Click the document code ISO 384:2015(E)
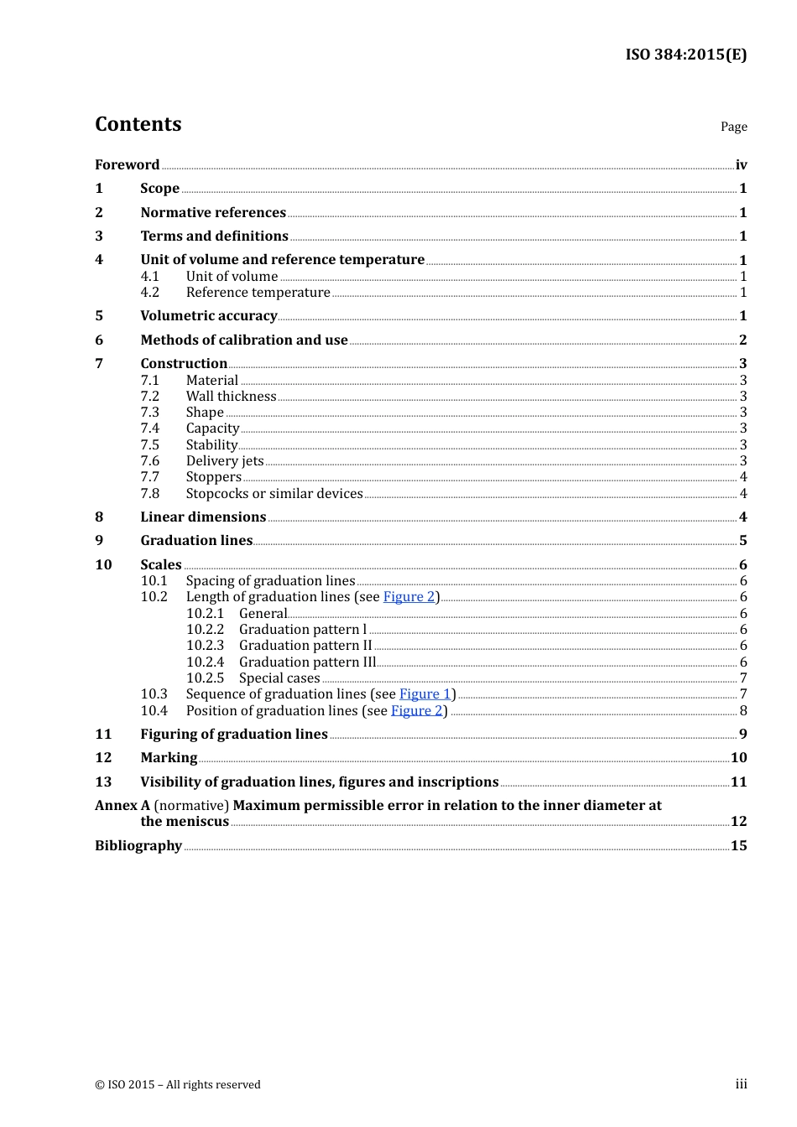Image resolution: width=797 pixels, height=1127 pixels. click(685, 55)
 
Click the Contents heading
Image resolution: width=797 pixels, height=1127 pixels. click(138, 124)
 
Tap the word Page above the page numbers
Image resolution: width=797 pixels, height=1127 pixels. click(733, 127)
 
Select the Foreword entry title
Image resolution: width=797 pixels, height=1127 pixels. click(127, 165)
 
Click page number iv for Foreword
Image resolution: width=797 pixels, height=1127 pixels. click(741, 165)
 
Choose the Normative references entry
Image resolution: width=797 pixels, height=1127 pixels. click(213, 213)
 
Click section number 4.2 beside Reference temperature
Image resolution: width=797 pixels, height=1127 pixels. click(150, 293)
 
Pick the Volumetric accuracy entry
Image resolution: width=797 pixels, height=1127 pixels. click(209, 316)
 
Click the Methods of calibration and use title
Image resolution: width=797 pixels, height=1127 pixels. click(244, 340)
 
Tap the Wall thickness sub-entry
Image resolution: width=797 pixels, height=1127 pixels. click(231, 397)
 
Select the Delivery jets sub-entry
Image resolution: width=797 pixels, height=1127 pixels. click(225, 461)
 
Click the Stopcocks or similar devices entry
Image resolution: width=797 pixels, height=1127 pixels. click(274, 494)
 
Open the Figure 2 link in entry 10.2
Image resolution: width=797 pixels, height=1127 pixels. click(409, 597)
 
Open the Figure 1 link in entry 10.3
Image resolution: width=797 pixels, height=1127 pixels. click(425, 694)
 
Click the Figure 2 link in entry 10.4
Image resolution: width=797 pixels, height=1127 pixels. click(416, 711)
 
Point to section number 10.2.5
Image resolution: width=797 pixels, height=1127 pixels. click(205, 678)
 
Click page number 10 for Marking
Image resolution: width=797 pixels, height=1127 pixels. click(738, 758)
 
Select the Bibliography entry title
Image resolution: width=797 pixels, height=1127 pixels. click(138, 846)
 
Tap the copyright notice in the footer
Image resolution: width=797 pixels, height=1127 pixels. click(178, 1085)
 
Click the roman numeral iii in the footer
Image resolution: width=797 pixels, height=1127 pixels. click(741, 1084)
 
